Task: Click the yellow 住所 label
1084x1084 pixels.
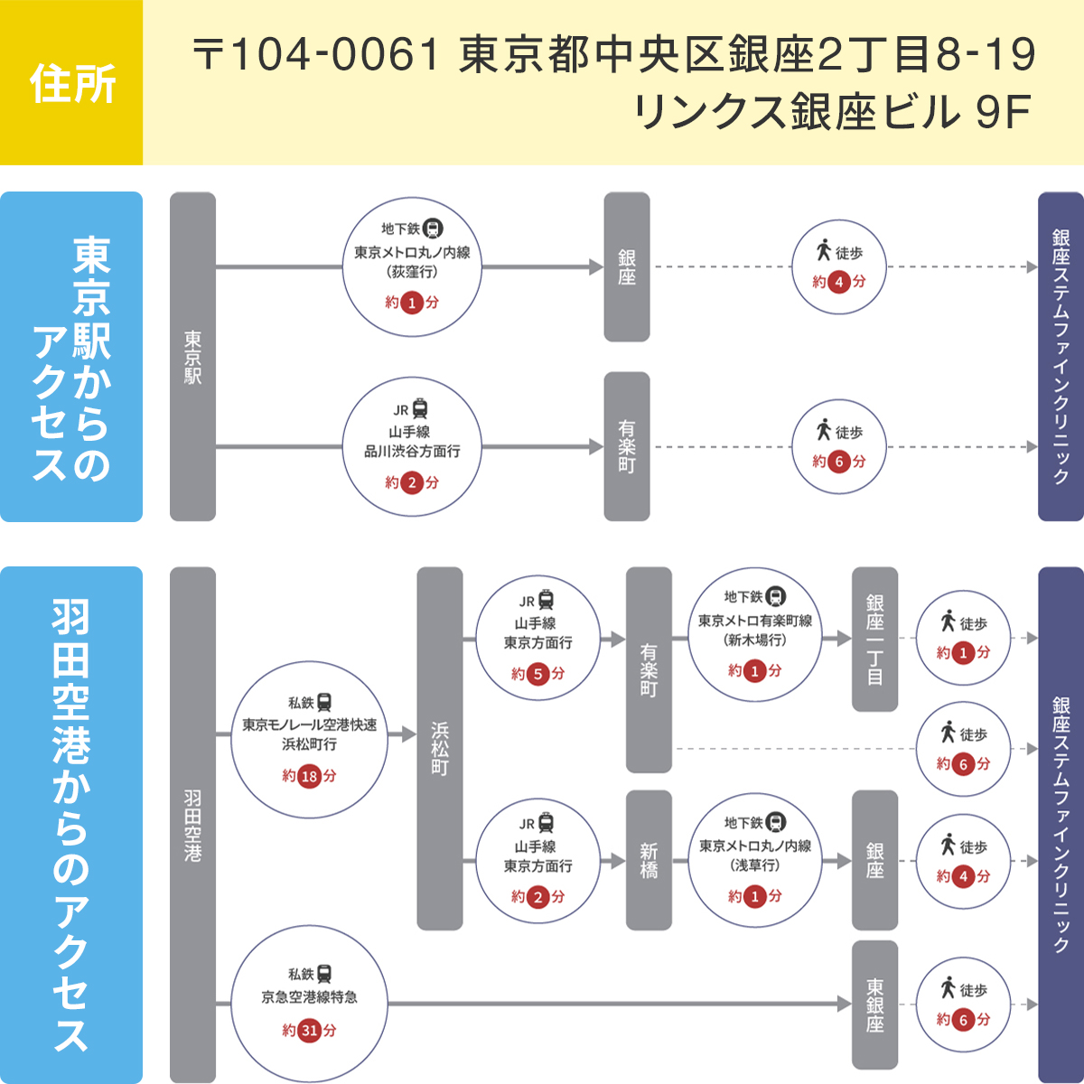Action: click(71, 83)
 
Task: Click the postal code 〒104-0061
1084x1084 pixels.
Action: click(315, 55)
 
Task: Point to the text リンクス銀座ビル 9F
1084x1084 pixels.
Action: click(833, 112)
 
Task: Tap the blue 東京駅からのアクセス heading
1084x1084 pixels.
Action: click(71, 357)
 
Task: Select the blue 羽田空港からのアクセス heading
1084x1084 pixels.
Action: click(71, 824)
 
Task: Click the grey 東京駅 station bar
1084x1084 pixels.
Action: click(192, 357)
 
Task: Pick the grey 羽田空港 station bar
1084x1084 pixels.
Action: click(192, 824)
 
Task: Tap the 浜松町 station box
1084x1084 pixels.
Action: click(439, 748)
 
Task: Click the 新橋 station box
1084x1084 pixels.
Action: click(649, 860)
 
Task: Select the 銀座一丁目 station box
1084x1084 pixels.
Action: click(874, 639)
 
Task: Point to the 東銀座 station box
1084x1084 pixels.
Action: click(874, 1004)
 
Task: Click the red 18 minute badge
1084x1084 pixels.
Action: click(310, 776)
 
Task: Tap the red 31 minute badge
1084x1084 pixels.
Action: click(310, 1030)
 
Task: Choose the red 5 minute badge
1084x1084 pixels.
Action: click(538, 674)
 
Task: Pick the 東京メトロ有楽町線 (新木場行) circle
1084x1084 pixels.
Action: click(755, 634)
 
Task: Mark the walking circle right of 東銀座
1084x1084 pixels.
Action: click(963, 1004)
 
